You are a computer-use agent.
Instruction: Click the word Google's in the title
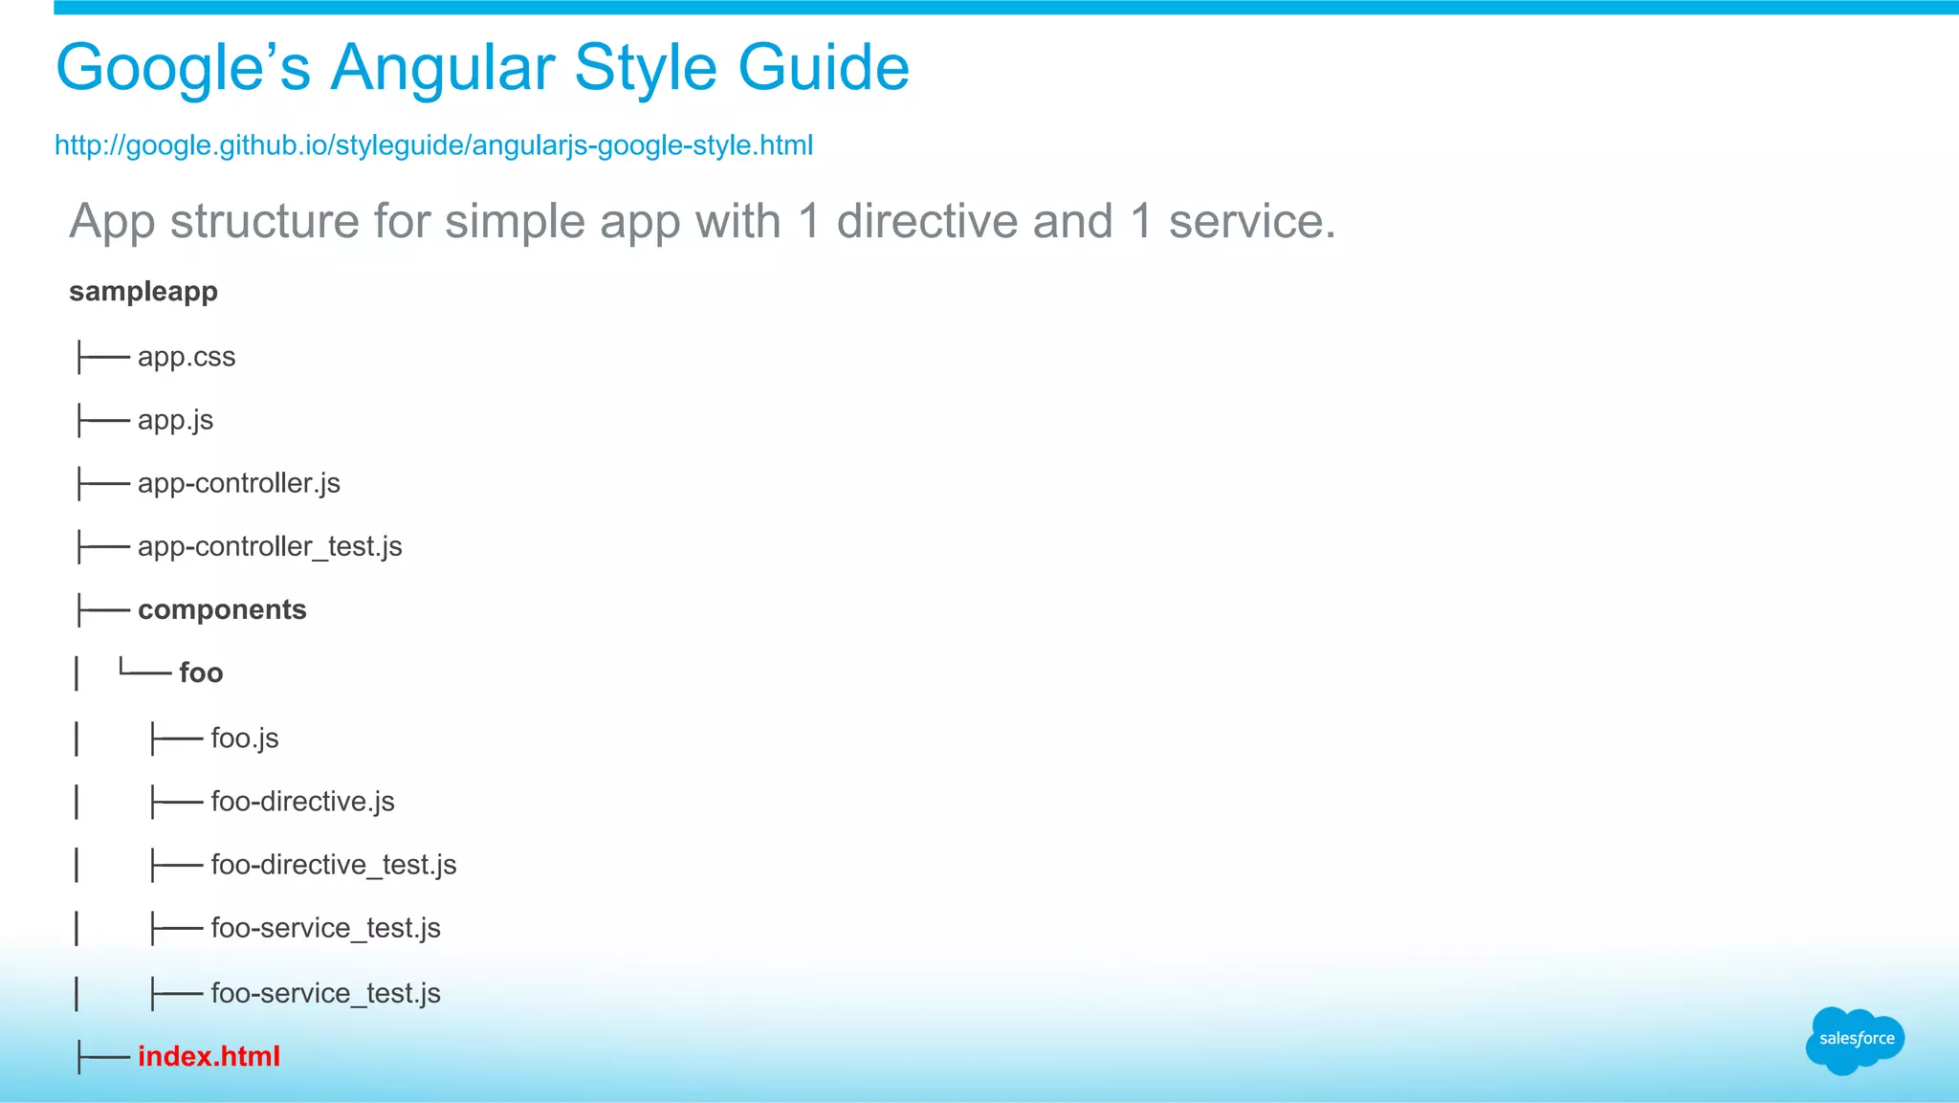click(183, 67)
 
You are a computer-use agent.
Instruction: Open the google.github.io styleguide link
click(433, 145)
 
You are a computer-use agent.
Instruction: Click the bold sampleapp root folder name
click(143, 291)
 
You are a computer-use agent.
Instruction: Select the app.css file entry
click(187, 357)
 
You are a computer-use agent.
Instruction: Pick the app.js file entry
click(175, 420)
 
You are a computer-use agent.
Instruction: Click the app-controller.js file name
click(238, 483)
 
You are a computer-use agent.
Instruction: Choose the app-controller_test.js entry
click(270, 546)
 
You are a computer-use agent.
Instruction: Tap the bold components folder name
click(222, 609)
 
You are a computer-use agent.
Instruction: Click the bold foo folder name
click(201, 673)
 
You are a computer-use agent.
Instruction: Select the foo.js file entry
click(245, 738)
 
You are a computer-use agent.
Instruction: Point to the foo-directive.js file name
click(302, 801)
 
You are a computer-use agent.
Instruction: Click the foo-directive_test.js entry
click(333, 865)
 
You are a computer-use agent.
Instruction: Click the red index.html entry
click(209, 1056)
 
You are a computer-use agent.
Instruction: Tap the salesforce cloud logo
click(1855, 1039)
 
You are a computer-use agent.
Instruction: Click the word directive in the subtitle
click(926, 221)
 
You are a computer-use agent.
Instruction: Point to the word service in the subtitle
click(1250, 221)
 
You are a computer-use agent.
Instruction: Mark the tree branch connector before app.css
click(102, 358)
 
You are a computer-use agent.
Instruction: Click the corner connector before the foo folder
click(143, 671)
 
